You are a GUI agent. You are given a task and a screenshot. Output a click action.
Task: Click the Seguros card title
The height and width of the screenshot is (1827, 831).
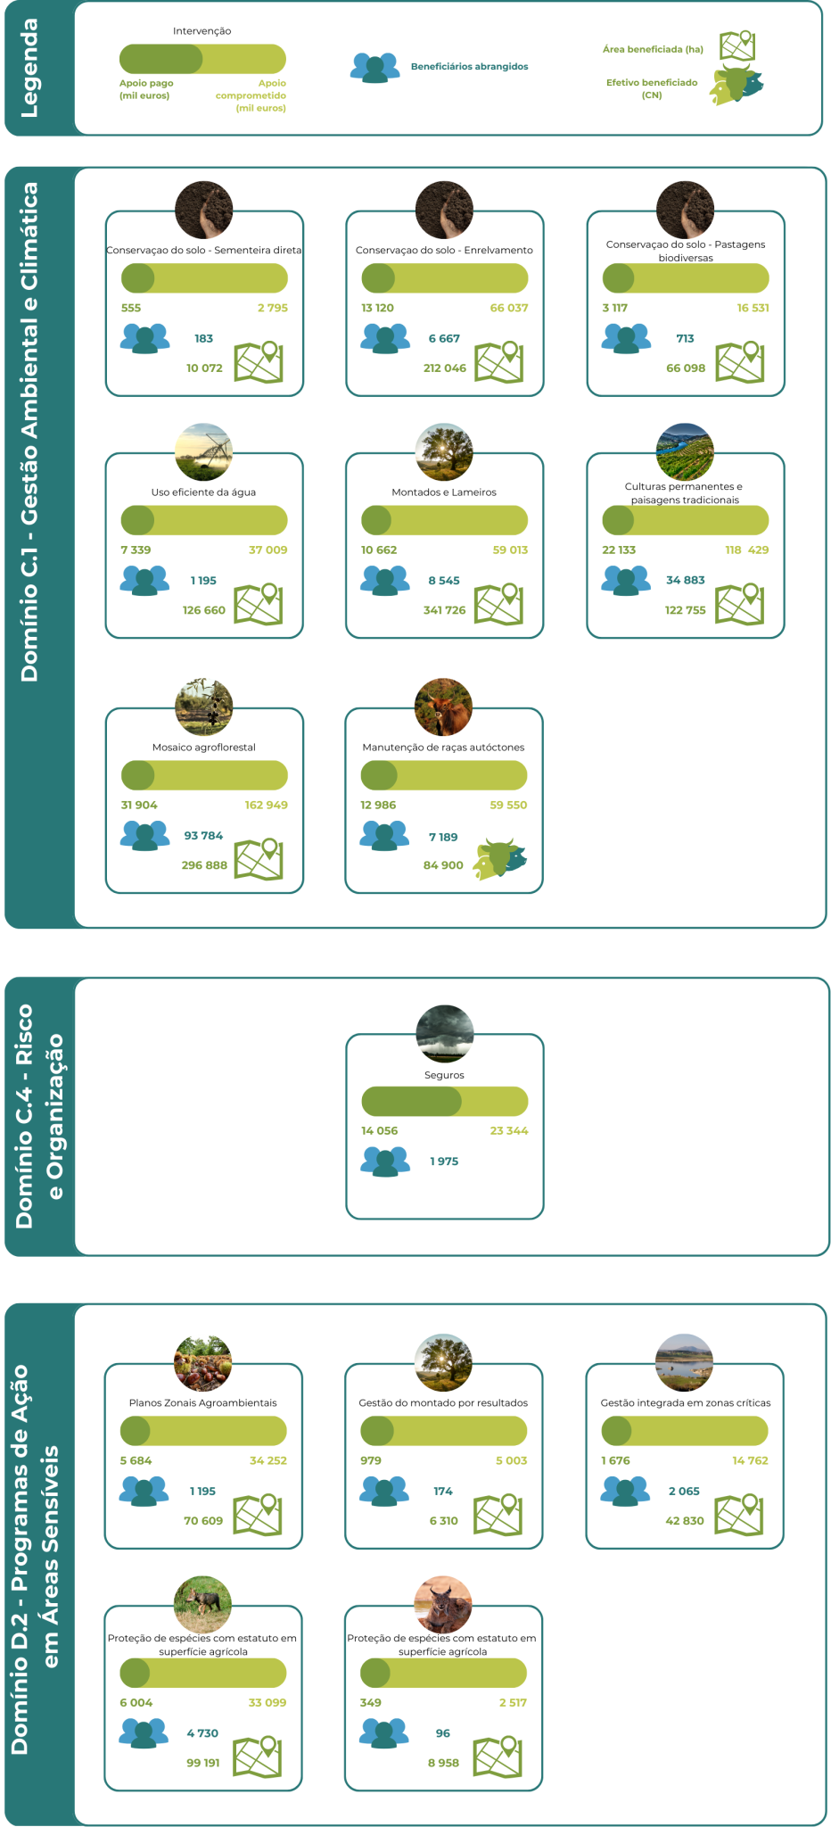click(x=444, y=1075)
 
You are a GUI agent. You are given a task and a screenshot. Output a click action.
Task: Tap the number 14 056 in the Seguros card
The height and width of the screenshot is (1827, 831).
click(x=379, y=1130)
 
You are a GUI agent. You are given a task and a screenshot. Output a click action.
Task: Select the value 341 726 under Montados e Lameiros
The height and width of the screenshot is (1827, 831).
click(x=444, y=610)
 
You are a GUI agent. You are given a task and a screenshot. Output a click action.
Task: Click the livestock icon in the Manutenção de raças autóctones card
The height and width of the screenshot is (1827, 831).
click(x=500, y=858)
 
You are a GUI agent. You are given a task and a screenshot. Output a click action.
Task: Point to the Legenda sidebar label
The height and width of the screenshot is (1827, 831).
click(x=29, y=68)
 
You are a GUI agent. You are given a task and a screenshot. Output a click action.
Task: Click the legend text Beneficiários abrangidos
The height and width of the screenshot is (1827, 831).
click(x=469, y=67)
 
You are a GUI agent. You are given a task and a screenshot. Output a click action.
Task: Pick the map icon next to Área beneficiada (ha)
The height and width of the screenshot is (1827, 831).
click(x=737, y=45)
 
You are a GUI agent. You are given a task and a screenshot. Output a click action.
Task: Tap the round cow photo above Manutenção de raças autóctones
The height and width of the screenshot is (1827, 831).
click(x=443, y=707)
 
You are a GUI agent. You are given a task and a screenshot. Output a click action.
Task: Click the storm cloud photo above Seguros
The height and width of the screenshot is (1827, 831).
click(x=445, y=1033)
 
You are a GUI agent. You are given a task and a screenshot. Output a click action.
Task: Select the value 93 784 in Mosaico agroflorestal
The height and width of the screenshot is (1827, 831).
click(x=203, y=836)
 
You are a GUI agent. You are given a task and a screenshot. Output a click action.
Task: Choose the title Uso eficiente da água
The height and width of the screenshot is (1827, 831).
click(x=203, y=492)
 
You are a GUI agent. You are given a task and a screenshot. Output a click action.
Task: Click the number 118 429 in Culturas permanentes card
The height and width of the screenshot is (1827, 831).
click(x=746, y=550)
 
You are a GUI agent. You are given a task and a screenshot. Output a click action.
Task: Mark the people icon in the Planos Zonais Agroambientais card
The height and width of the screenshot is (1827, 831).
click(x=144, y=1491)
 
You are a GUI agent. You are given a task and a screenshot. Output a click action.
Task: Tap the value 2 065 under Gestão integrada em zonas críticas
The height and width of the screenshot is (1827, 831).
click(x=684, y=1491)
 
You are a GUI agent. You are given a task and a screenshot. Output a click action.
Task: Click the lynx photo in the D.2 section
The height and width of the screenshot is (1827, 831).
click(x=443, y=1605)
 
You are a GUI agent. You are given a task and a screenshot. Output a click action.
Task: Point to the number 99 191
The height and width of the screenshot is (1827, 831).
click(x=203, y=1763)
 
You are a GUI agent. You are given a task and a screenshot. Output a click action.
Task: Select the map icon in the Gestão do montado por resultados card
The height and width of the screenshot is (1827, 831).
click(x=498, y=1514)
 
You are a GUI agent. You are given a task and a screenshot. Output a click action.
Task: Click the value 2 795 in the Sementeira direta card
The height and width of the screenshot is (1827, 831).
click(x=272, y=308)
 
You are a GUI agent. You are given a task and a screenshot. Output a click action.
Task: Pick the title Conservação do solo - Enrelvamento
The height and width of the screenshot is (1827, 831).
click(x=444, y=251)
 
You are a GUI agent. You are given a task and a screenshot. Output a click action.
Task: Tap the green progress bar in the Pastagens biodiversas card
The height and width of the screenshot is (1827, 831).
click(x=685, y=278)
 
